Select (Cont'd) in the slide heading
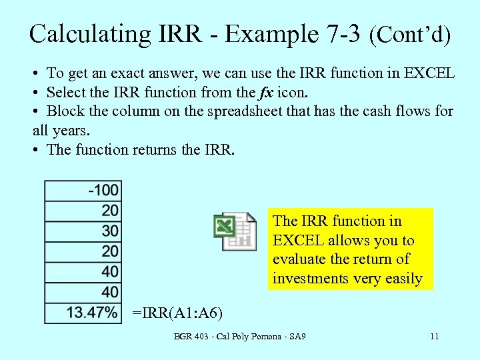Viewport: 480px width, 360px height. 411,34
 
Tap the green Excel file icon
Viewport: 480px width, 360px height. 235,231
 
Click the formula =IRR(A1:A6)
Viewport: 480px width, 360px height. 177,313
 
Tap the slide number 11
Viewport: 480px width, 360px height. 434,337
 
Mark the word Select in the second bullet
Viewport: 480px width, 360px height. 67,92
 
